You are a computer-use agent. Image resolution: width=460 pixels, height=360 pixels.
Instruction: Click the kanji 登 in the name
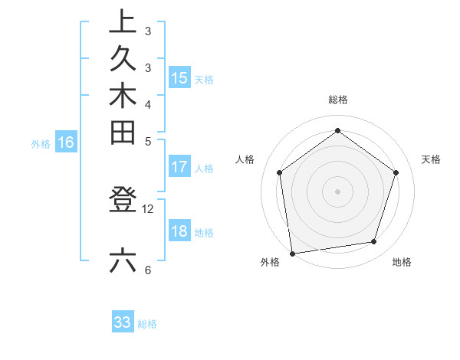123,200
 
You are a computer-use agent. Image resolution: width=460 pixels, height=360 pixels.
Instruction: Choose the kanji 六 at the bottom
123,261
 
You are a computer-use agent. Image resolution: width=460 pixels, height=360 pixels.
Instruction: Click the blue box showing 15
179,77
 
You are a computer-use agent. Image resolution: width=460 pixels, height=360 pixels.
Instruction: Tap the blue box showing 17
179,167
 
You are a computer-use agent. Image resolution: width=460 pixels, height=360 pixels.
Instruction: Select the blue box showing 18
179,232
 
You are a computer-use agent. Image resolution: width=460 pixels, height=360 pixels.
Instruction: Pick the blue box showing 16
66,142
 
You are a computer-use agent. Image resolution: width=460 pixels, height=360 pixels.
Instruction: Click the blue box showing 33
123,322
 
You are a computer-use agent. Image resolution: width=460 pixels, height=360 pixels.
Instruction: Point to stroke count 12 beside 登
148,208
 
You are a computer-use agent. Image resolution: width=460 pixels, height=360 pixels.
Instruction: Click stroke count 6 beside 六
148,270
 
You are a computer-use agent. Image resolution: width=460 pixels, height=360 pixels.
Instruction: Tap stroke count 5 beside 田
148,141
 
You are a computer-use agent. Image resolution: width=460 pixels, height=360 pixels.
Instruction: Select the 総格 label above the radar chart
338,100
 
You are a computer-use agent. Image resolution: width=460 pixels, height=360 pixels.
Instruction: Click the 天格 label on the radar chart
431,159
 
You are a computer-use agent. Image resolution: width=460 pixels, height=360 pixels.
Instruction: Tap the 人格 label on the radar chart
245,159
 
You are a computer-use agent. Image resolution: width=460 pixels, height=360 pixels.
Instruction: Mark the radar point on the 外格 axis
292,253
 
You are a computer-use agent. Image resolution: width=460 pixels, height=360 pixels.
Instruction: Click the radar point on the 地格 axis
374,241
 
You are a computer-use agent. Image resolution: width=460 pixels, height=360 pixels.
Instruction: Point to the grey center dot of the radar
338,191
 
